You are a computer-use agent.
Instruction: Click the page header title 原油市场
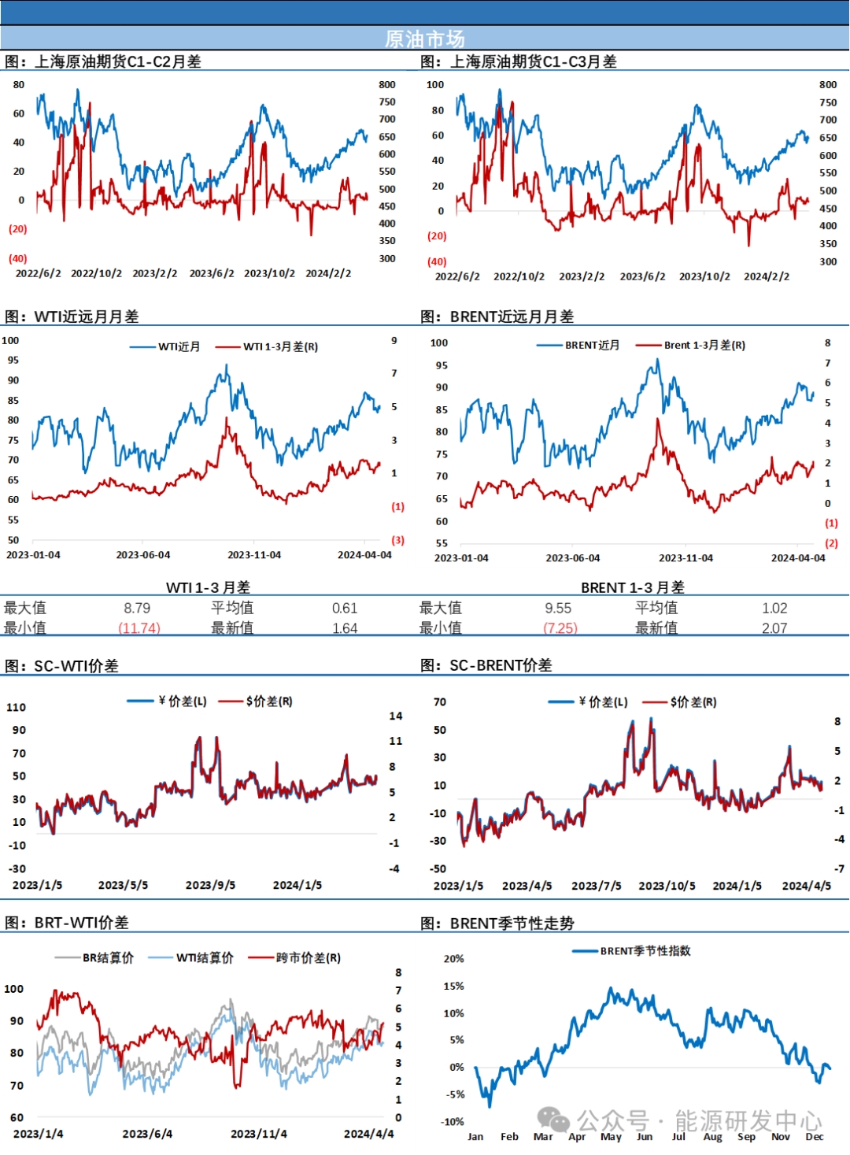424,39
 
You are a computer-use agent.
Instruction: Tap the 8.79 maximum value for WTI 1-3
137,608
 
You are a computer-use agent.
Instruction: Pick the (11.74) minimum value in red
139,628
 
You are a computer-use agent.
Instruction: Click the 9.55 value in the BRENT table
558,608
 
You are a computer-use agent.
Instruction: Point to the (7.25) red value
560,628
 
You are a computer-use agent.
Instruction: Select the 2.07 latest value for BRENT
774,628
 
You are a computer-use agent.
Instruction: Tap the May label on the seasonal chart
611,1136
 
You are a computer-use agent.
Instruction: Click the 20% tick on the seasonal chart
453,958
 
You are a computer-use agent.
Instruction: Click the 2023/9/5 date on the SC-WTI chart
210,885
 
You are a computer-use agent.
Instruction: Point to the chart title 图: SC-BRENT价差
486,665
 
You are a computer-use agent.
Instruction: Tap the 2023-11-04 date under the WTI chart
254,555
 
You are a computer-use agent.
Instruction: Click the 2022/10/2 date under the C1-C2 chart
96,273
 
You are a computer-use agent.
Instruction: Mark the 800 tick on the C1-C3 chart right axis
828,84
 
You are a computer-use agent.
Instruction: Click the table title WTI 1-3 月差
208,587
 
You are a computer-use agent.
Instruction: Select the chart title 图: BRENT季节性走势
497,923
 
